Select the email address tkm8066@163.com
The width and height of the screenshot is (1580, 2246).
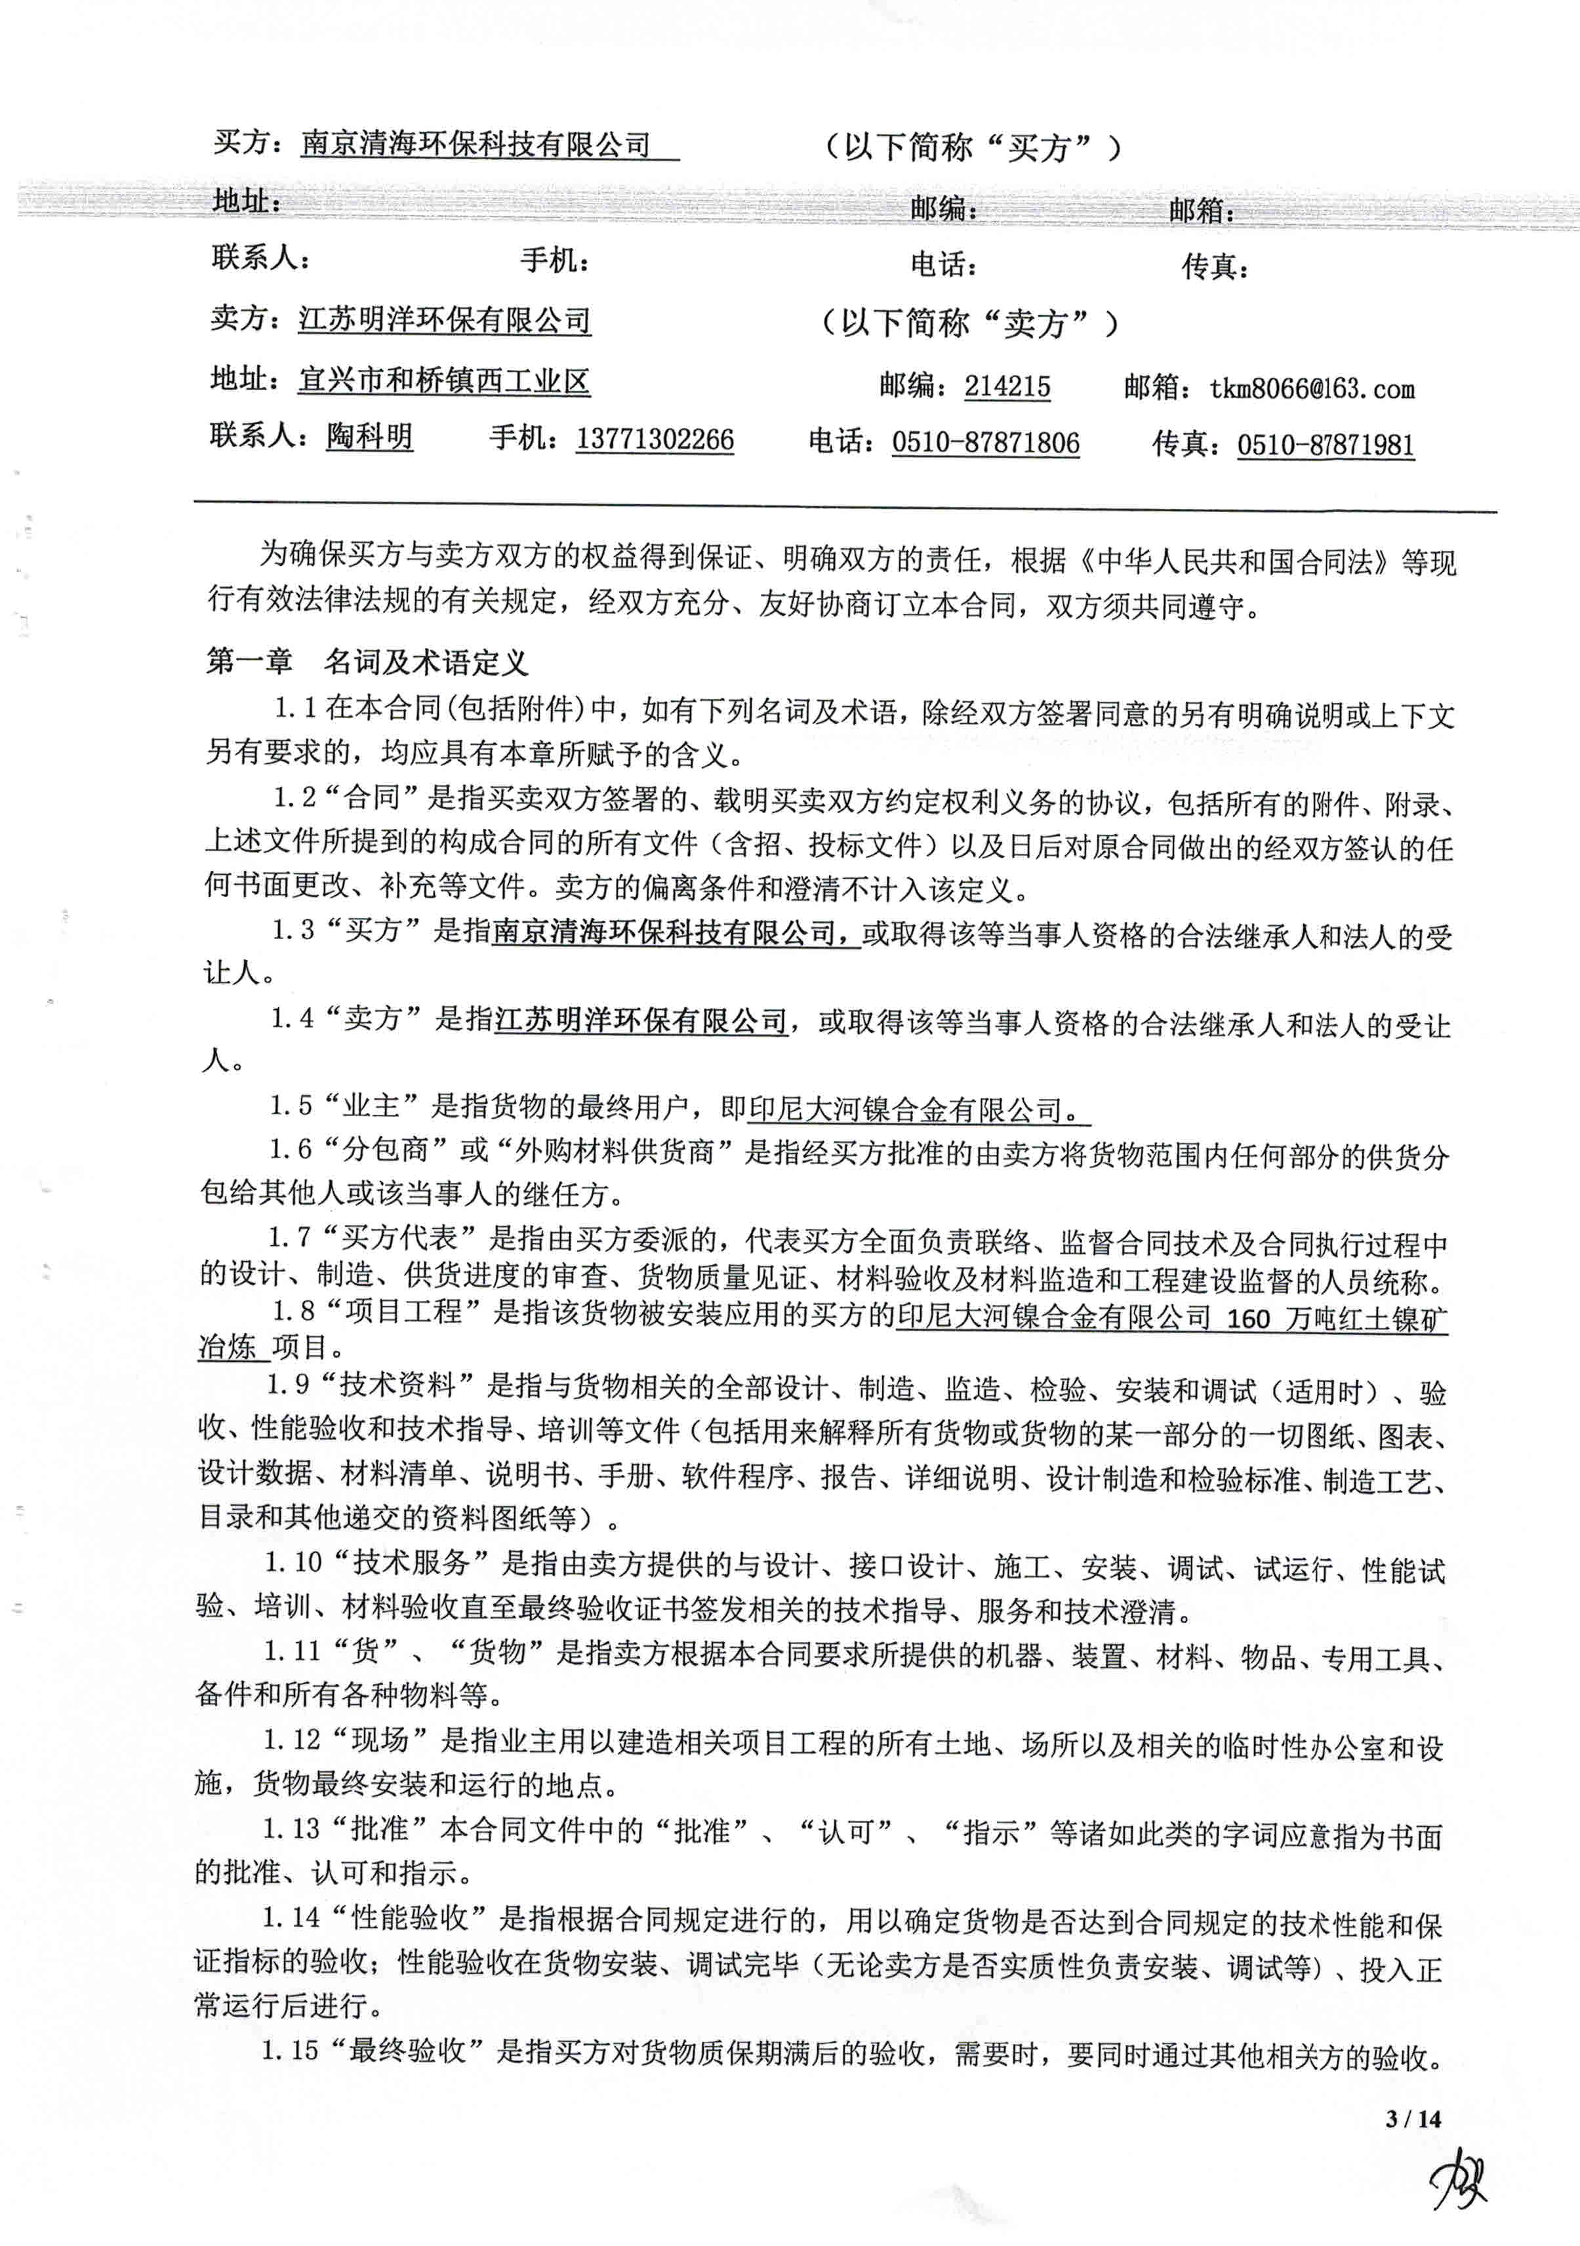tap(1311, 390)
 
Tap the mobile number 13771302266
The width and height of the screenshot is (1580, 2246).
tap(655, 439)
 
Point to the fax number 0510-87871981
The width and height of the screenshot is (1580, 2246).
tap(1325, 445)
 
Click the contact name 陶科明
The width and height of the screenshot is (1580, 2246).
tap(369, 436)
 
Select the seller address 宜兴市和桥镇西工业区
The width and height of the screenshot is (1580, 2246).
tap(444, 380)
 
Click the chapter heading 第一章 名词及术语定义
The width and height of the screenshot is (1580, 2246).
tap(367, 662)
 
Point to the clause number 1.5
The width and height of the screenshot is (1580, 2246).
tap(291, 1106)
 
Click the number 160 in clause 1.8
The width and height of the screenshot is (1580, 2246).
tap(1247, 1319)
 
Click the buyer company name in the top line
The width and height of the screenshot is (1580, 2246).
tap(476, 145)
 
